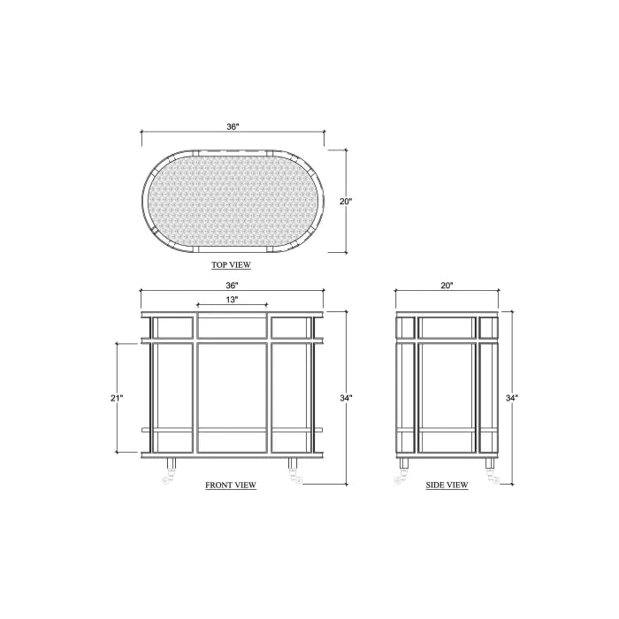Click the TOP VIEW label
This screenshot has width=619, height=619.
[x=231, y=265]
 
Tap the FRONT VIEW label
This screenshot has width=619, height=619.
[x=231, y=485]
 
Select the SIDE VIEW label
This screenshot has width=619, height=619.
[x=447, y=485]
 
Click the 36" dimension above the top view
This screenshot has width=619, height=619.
[x=233, y=126]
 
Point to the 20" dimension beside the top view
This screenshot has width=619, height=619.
[x=346, y=202]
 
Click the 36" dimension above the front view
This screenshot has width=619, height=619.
[x=232, y=285]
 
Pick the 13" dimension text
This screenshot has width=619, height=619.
[x=232, y=300]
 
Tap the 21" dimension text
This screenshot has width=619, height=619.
[x=117, y=398]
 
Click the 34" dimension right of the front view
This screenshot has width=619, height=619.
[x=346, y=398]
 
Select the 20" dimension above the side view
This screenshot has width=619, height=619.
[x=447, y=285]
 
